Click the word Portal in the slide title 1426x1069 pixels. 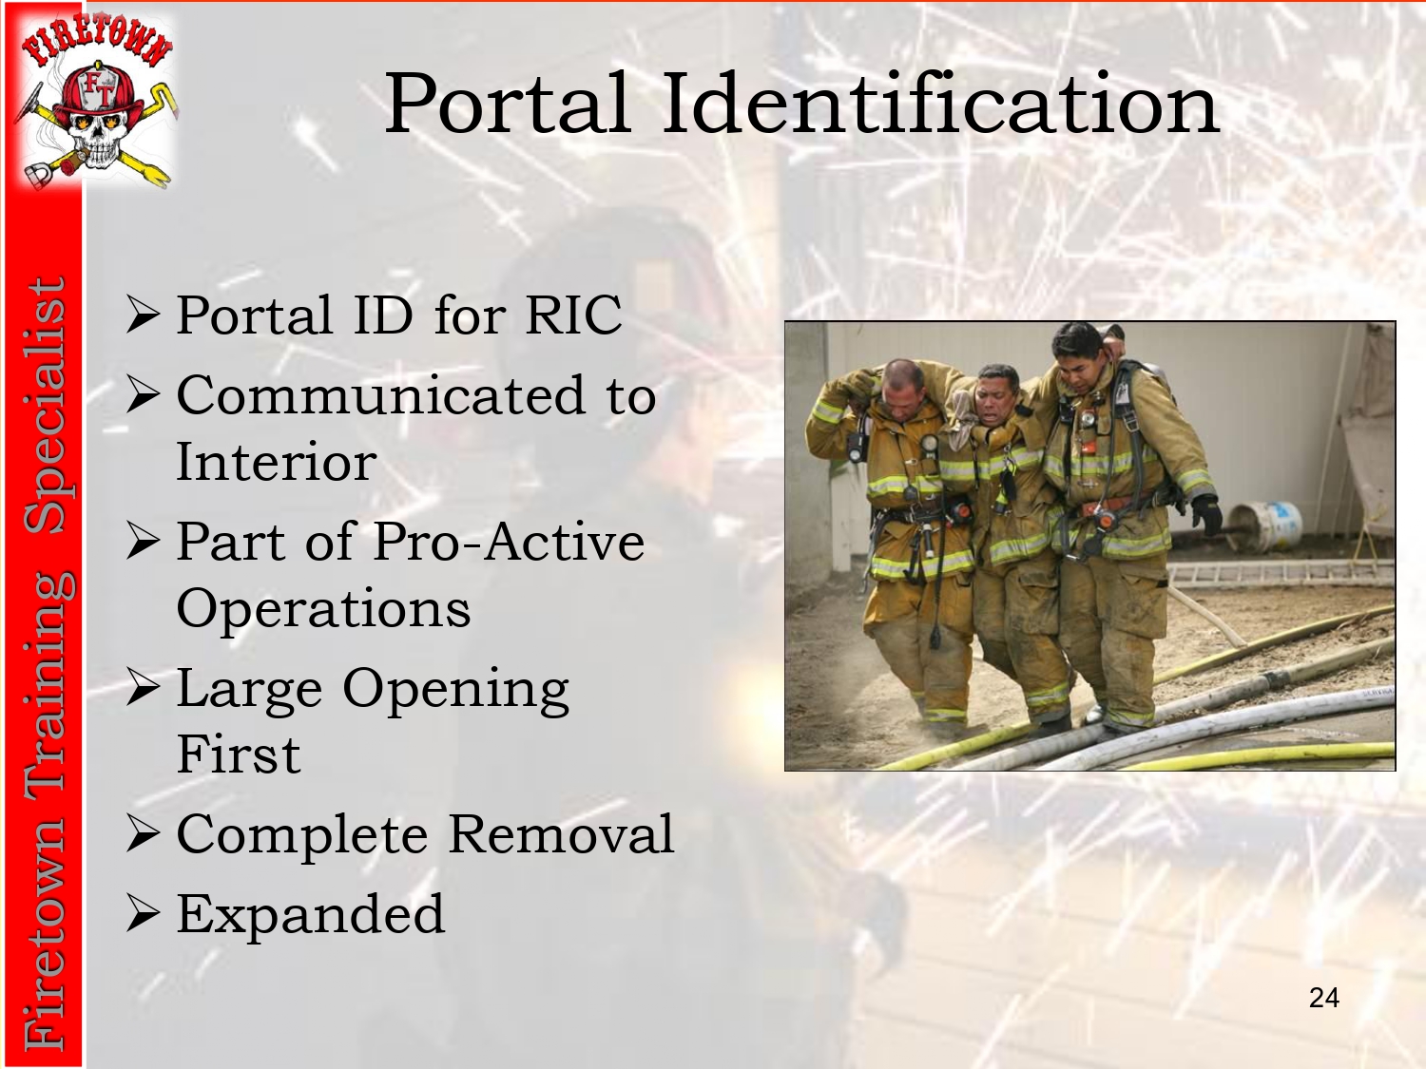508,103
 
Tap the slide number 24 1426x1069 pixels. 1324,998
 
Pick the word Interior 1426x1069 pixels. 276,462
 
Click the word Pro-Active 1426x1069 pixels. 509,542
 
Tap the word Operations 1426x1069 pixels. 323,610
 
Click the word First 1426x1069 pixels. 239,754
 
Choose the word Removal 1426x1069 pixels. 561,833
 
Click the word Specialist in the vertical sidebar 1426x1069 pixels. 46,406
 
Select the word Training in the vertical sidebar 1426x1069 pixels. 46,679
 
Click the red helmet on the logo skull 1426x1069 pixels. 99,94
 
